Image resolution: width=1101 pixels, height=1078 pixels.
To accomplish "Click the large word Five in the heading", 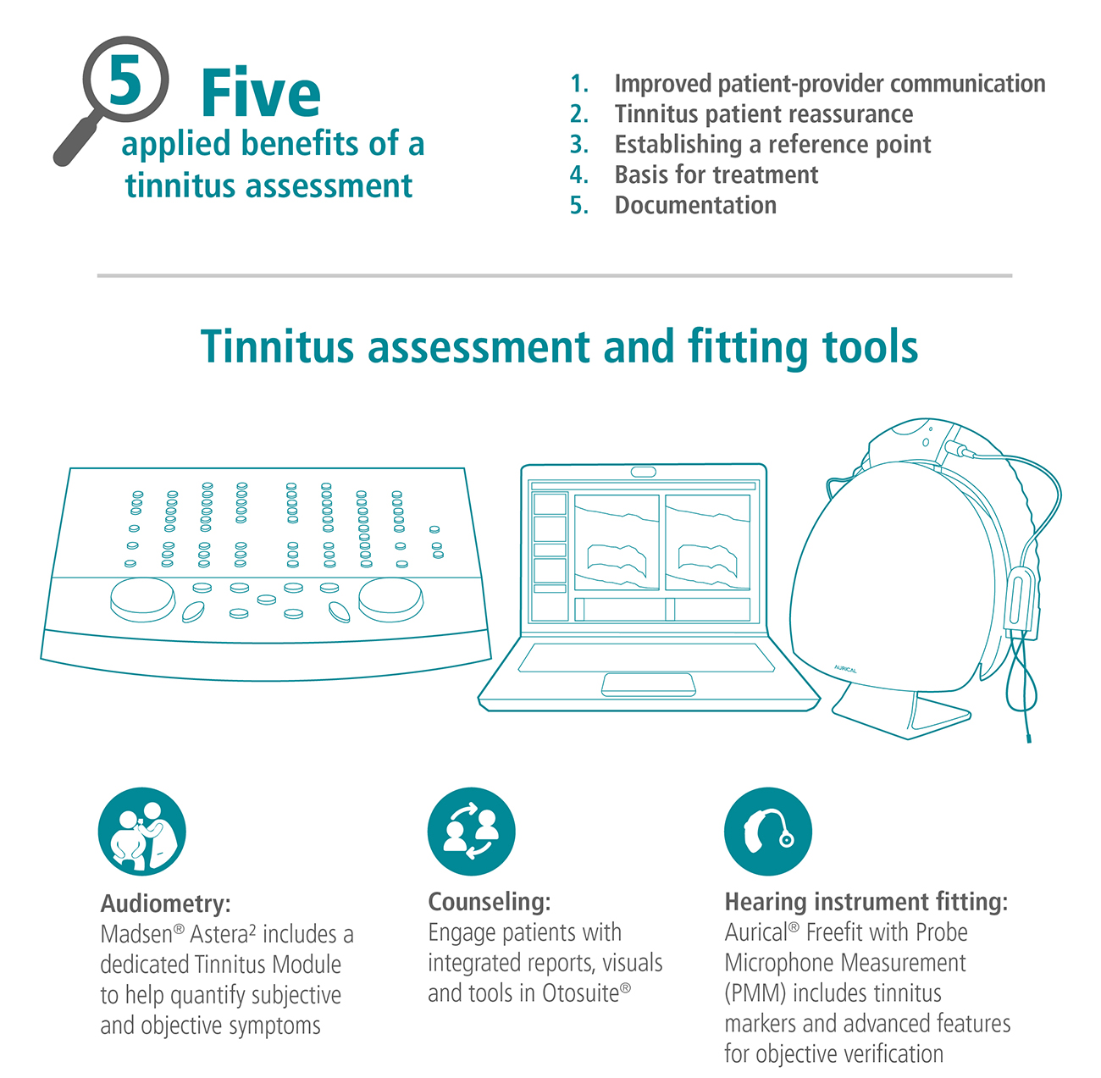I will pos(261,93).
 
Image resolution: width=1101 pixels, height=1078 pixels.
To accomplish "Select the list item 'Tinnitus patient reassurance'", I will pos(763,113).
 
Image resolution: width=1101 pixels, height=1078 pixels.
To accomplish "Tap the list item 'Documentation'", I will pos(694,205).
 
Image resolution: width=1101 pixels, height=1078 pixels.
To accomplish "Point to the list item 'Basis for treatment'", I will pos(716,174).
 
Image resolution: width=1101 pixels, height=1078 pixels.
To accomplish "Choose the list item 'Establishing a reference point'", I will pos(772,144).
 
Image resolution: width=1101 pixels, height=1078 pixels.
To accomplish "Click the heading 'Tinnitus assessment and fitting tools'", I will pos(559,347).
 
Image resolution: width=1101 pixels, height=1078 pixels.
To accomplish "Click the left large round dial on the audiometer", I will pos(142,599).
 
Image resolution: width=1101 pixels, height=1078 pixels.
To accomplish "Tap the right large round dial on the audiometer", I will pos(390,599).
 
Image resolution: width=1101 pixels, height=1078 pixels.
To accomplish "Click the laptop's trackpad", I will pos(648,684).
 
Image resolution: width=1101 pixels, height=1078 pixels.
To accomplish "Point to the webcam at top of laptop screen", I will pos(643,472).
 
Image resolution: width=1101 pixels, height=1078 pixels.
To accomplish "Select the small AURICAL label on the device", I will pos(845,669).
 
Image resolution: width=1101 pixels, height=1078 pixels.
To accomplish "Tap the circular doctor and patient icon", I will pos(142,832).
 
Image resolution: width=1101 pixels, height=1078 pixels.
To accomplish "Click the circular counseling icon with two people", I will pos(472,832).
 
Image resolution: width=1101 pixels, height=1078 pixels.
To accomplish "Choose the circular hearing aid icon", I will pos(768,832).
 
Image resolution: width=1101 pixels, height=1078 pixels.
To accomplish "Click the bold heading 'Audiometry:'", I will pos(165,904).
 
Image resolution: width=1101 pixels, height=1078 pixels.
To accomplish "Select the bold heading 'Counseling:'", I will pos(490,902).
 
